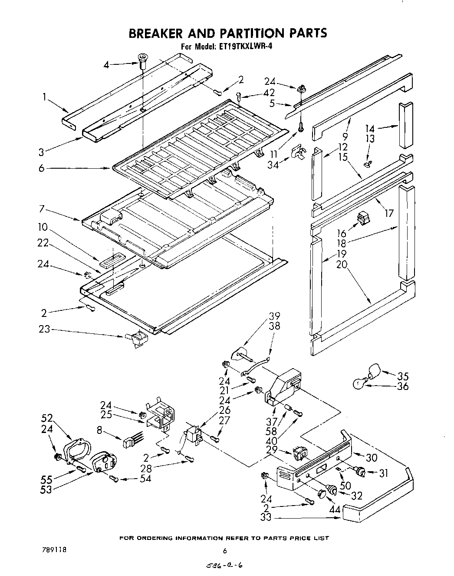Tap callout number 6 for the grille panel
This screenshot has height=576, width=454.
click(41, 168)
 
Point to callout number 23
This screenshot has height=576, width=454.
click(45, 330)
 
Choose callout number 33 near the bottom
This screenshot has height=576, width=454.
click(266, 518)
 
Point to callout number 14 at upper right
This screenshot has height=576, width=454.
click(370, 129)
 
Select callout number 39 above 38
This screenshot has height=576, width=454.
click(274, 316)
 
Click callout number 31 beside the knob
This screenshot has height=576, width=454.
click(383, 473)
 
